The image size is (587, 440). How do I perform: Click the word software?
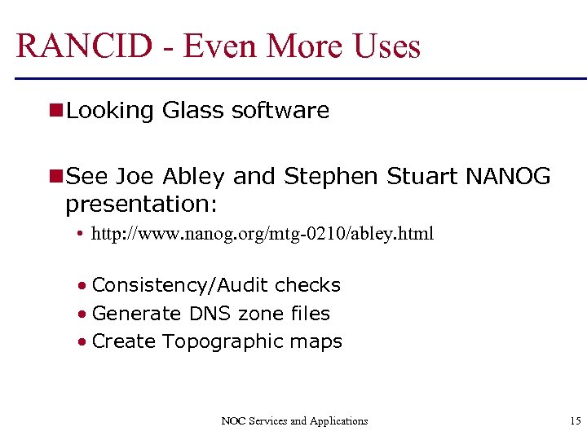(280, 111)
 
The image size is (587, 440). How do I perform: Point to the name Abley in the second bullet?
(192, 177)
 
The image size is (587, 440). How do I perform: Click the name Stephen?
(331, 177)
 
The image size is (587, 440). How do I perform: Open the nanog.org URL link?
(263, 235)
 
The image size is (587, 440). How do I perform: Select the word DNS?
(210, 314)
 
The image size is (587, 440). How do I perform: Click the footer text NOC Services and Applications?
(294, 421)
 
